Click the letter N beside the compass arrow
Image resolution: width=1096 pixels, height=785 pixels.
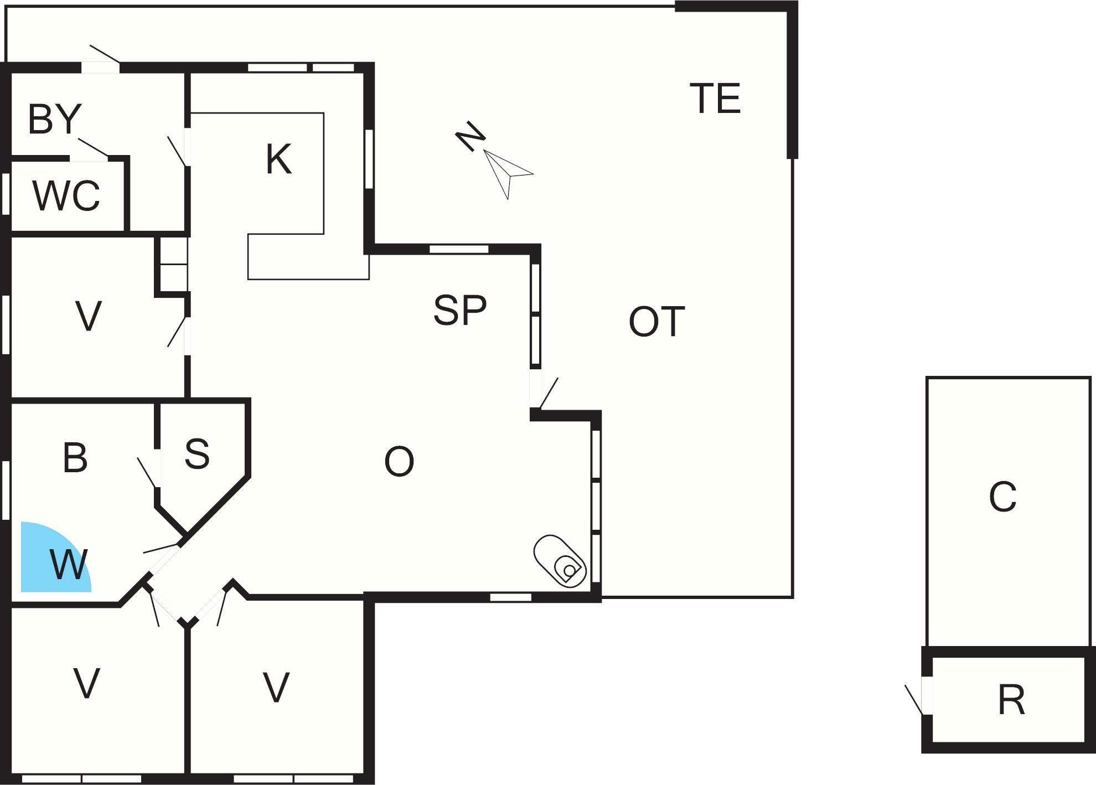pos(470,135)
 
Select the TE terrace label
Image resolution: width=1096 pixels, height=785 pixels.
pos(715,99)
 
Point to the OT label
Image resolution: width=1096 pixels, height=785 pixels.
pos(656,322)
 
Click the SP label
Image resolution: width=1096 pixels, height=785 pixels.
pos(460,309)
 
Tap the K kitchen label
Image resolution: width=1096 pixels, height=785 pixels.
pos(278,159)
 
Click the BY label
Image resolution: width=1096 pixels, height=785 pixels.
pos(55,118)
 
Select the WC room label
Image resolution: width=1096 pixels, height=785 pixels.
pos(66,195)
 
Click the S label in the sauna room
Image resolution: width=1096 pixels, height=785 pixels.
pos(197,453)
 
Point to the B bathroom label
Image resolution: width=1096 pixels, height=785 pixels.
pos(75,457)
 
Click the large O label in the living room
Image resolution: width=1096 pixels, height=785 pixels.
pos(399,462)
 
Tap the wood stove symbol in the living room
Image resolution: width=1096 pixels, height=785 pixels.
pos(560,561)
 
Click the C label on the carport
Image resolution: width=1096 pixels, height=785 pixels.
pos(1002,497)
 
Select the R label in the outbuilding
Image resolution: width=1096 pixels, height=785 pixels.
pos(1011,700)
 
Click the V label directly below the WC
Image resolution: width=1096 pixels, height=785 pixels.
pos(88,316)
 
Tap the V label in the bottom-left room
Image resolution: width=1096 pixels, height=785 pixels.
pos(86,683)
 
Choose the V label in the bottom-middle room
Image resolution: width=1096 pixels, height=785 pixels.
pos(276,687)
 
